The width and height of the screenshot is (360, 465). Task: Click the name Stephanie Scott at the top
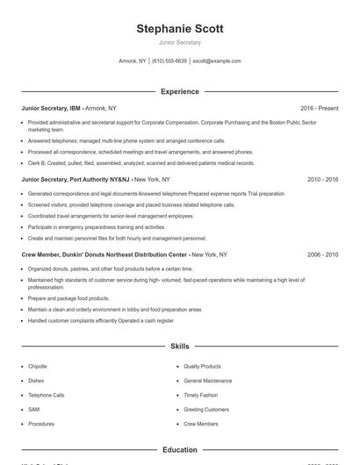180,29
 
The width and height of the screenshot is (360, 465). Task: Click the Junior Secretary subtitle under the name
180,42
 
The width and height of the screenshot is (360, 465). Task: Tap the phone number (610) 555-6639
169,61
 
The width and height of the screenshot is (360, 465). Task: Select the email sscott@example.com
217,61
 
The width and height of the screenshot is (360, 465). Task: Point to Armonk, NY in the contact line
133,61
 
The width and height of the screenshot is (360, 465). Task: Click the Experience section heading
180,91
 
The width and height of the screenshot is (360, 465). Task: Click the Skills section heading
180,347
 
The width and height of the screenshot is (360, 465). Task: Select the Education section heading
180,450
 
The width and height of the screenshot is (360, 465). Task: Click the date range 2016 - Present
319,108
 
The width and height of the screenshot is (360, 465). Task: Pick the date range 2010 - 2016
323,179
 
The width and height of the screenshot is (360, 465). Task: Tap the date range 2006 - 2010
323,254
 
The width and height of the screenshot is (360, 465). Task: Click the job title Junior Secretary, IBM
51,108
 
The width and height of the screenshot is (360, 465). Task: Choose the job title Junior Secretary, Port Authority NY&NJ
76,179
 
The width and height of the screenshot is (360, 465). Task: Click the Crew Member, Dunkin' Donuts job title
104,254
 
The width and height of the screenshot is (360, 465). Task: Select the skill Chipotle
38,367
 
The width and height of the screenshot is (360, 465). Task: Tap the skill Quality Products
203,367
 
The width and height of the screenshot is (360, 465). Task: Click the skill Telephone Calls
47,395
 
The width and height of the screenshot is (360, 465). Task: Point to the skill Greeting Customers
206,410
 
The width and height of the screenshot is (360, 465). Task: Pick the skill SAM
33,410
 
